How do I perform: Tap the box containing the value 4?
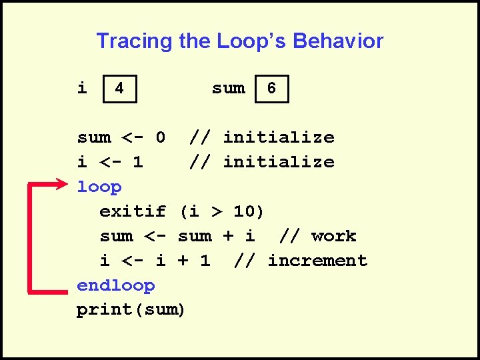coord(119,88)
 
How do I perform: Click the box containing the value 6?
coord(272,88)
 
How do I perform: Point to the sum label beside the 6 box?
coord(228,88)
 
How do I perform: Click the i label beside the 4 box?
coord(82,88)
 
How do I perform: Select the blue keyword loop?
coord(99,187)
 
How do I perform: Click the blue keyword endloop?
coord(116,285)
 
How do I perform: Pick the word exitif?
coord(133,211)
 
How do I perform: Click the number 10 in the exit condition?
coord(244,211)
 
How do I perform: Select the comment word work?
coord(333,236)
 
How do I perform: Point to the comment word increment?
coord(317,261)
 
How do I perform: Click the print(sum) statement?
coord(131,310)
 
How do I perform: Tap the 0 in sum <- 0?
coord(160,137)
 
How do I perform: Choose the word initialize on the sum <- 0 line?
coord(279,137)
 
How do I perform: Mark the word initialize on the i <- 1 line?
coord(279,162)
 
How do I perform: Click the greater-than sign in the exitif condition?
coord(216,212)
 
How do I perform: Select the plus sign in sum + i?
coord(227,236)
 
